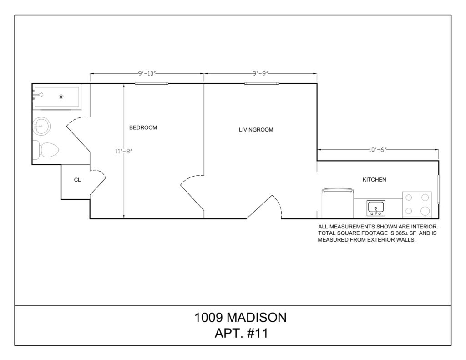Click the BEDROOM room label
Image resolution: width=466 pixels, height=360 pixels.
(x=143, y=127)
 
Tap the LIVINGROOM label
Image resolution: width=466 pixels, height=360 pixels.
(x=256, y=130)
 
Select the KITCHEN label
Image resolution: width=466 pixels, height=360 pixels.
(x=374, y=180)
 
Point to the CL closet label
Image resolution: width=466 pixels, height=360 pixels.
(x=77, y=180)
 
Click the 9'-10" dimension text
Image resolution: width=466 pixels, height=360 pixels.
(x=147, y=73)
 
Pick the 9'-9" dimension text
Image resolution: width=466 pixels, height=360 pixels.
(x=261, y=73)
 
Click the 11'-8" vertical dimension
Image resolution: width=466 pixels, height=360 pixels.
(x=123, y=151)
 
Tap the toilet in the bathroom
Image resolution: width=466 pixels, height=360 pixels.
(x=46, y=150)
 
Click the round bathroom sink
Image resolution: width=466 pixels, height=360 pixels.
(x=41, y=126)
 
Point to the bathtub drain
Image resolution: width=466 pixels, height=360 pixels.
(x=61, y=96)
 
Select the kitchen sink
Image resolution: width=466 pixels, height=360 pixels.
(x=375, y=208)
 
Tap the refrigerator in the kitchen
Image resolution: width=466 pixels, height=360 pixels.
(x=338, y=203)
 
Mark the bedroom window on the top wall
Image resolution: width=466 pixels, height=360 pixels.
(x=152, y=84)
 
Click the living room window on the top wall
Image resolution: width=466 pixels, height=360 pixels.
(x=262, y=84)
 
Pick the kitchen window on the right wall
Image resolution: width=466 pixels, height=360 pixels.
(x=439, y=189)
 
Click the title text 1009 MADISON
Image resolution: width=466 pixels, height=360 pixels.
(x=240, y=318)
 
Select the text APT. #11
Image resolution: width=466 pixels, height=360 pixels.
(x=241, y=333)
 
